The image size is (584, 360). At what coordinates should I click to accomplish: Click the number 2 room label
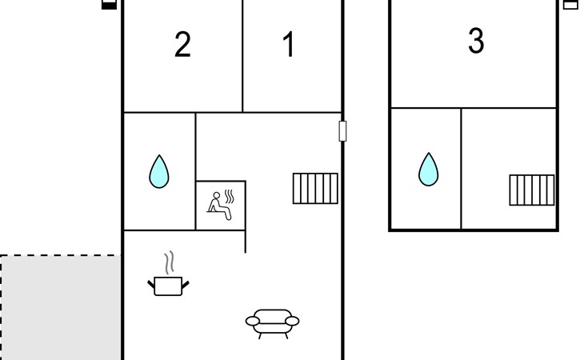pos(182,44)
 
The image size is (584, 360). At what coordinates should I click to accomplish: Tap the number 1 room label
pos(289,44)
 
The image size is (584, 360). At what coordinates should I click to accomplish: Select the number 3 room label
pos(476,40)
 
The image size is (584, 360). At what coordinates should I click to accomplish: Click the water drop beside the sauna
pos(159,171)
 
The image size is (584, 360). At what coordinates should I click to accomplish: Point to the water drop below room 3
pos(428,170)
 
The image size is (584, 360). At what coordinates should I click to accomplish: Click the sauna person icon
pos(221,205)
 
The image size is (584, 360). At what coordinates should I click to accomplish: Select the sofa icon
pos(272,323)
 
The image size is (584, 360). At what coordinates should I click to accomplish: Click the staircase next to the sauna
pos(315,188)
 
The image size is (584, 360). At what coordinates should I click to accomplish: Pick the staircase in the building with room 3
pos(532,190)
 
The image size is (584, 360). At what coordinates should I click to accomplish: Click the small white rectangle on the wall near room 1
pos(342,131)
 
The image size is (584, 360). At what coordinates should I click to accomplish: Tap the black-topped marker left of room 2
pos(109,5)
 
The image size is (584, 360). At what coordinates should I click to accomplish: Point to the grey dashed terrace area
pos(60,307)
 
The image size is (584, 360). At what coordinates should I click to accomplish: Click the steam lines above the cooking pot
pos(170,263)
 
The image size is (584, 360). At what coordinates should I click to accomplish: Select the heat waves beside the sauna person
pos(230,197)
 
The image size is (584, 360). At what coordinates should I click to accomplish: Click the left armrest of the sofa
pos(253,321)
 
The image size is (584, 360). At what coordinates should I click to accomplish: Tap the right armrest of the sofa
pos(292,321)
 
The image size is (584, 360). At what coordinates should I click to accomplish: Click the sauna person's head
pos(216,195)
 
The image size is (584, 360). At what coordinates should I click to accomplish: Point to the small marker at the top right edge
pos(570,5)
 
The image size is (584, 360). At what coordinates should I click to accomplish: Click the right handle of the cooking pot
pos(185,285)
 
